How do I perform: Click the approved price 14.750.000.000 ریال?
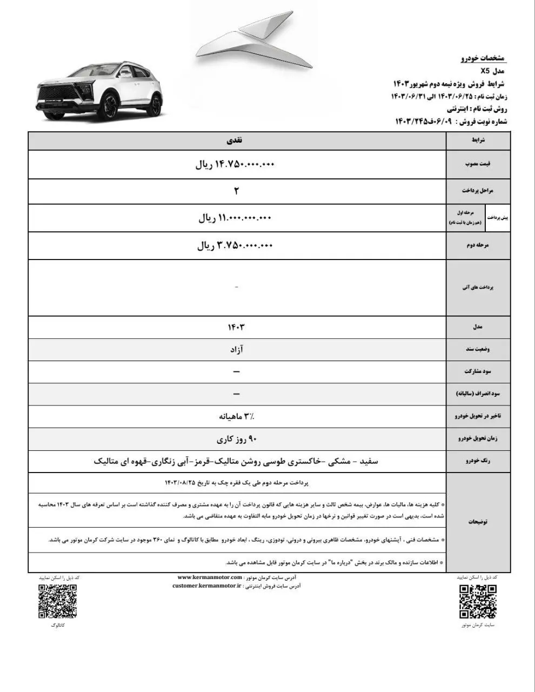point(236,164)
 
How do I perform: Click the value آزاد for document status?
point(236,350)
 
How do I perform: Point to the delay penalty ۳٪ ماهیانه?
point(236,416)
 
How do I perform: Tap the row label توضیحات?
point(478,522)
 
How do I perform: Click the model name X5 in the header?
point(484,71)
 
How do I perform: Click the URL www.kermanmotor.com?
point(209,577)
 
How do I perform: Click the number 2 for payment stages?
point(236,191)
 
